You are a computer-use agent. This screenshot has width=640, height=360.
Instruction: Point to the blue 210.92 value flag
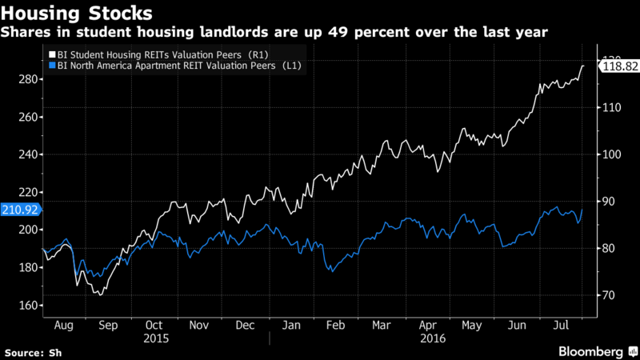pyautogui.click(x=19, y=210)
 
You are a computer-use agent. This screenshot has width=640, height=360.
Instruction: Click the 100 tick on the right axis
pyautogui.click(x=613, y=154)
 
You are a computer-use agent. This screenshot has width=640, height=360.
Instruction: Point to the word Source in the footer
pyautogui.click(x=25, y=351)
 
